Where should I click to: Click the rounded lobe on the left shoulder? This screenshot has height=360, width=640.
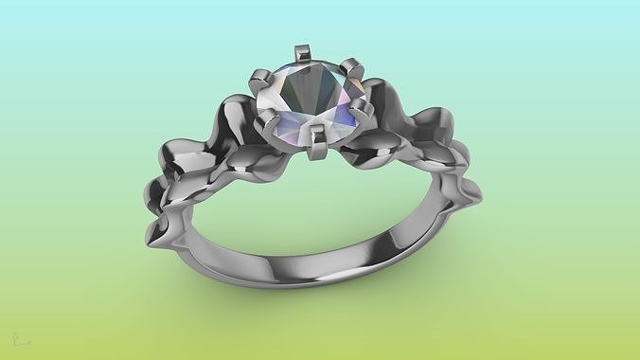[x=180, y=161]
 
